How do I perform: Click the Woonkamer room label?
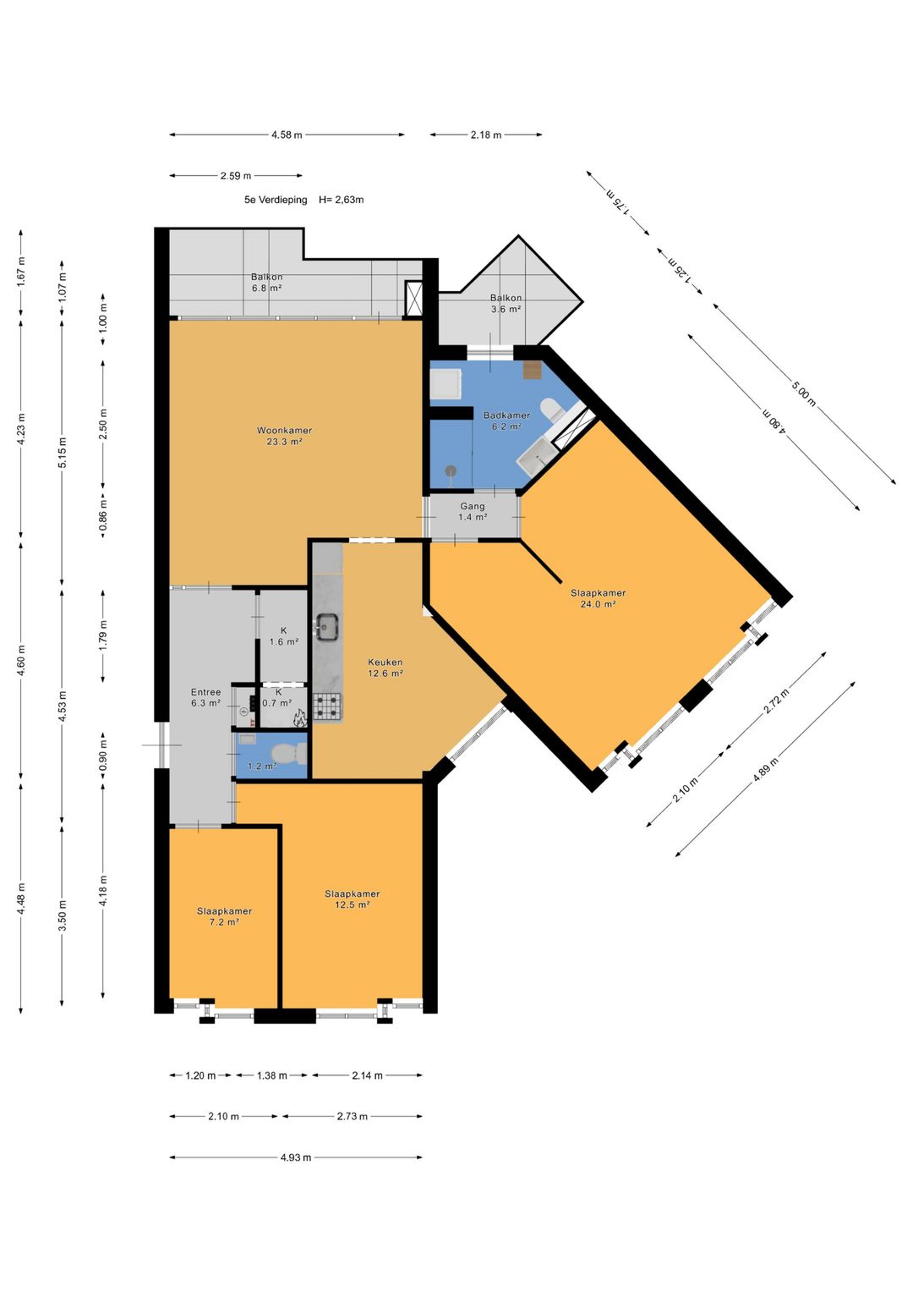click(x=284, y=431)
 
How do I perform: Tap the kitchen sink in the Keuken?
click(x=327, y=626)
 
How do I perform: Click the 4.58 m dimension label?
click(x=287, y=135)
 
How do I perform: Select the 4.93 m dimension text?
click(x=296, y=1157)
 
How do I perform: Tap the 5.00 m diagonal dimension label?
click(x=803, y=394)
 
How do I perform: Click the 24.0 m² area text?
click(x=598, y=604)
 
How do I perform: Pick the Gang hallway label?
click(x=472, y=507)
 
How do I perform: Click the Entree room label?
click(x=205, y=692)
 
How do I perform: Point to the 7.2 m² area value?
click(x=225, y=922)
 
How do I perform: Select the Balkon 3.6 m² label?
click(x=506, y=304)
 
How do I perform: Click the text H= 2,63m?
click(x=342, y=201)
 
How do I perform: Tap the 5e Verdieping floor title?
click(x=276, y=201)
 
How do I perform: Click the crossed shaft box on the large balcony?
click(x=414, y=298)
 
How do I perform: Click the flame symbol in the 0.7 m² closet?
click(x=300, y=718)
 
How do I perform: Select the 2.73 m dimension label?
click(x=353, y=1116)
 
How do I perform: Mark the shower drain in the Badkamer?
click(x=451, y=470)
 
